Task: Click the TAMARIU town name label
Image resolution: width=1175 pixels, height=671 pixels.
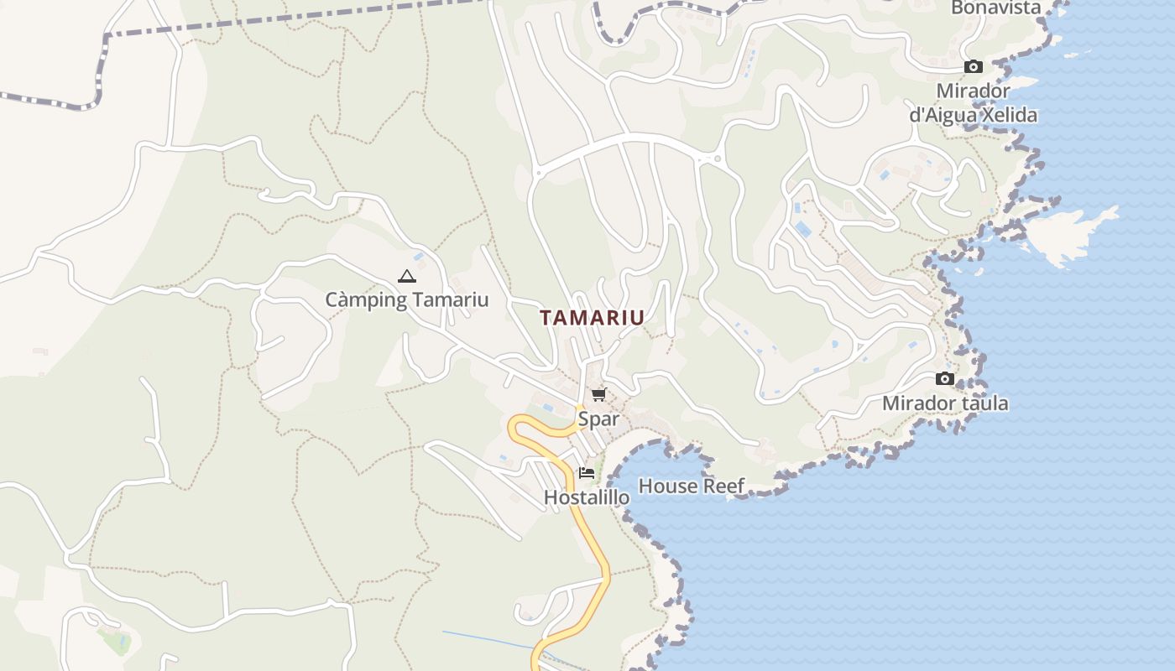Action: point(592,318)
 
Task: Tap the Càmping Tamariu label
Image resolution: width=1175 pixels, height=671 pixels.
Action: point(406,299)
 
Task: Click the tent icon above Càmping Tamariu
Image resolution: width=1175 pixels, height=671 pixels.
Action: point(406,276)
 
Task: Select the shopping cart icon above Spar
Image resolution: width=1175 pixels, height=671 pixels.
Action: point(598,394)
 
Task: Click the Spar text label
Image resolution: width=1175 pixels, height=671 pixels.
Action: point(598,419)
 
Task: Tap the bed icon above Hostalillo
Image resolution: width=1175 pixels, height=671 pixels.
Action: point(587,473)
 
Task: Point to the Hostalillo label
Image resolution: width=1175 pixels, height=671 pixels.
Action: point(587,497)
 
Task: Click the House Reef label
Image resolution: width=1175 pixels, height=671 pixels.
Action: point(692,486)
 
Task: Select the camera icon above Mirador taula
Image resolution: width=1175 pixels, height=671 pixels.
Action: point(945,379)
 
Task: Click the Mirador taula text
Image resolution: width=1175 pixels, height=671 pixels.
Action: point(945,403)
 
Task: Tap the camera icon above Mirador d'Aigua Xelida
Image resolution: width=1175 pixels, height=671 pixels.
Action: point(974,66)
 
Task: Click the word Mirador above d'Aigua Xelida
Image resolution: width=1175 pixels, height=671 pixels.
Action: point(974,91)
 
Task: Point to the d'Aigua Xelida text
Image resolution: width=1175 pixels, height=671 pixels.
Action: point(974,115)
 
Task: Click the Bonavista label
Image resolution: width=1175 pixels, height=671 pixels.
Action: point(995,8)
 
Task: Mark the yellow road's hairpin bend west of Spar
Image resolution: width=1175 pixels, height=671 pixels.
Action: point(514,426)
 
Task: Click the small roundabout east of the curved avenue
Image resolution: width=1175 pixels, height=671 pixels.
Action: point(717,159)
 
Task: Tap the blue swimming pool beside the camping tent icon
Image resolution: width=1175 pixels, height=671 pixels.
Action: point(418,257)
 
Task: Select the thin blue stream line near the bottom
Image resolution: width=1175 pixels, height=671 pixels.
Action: point(487,639)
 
